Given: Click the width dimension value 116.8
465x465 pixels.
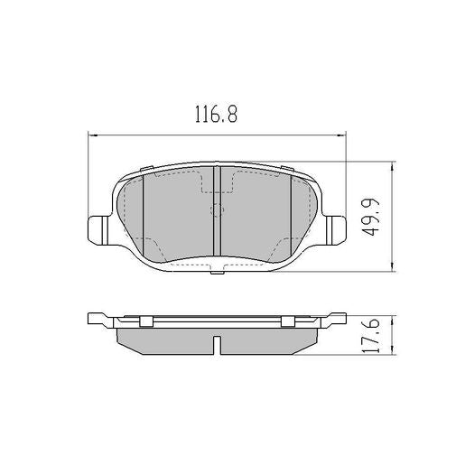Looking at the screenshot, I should click(x=215, y=115).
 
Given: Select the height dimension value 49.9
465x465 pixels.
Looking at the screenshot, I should click(x=369, y=217).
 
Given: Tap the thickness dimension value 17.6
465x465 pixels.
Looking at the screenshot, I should click(x=369, y=336).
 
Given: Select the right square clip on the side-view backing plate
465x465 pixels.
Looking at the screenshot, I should click(x=287, y=321).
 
